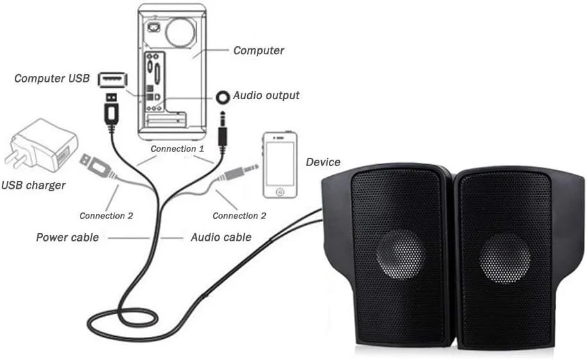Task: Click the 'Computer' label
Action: (258, 50)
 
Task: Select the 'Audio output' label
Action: (266, 95)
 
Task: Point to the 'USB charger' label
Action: (33, 185)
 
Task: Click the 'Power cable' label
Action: (67, 238)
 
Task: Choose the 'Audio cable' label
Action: (221, 238)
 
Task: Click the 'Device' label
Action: (323, 162)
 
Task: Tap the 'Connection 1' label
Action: (177, 149)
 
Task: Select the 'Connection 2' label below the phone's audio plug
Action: (239, 216)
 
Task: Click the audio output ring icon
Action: (223, 97)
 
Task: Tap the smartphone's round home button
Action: (279, 192)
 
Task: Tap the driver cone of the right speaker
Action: (505, 258)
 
